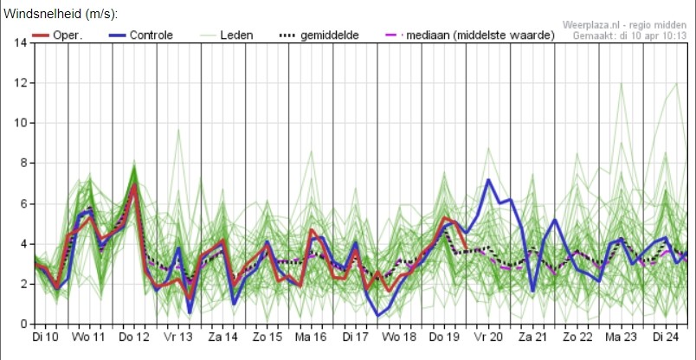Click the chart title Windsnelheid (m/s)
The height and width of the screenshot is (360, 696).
pyautogui.click(x=61, y=14)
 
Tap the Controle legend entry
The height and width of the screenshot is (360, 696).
pyautogui.click(x=140, y=35)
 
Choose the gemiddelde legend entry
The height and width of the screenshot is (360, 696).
pyautogui.click(x=319, y=35)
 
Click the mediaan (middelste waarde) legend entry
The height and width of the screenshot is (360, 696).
pyautogui.click(x=469, y=35)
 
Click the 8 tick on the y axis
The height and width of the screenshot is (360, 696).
pyautogui.click(x=23, y=164)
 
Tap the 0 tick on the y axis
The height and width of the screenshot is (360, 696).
pyautogui.click(x=23, y=324)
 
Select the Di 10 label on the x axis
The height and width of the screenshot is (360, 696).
pyautogui.click(x=46, y=337)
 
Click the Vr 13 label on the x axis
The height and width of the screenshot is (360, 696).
pyautogui.click(x=178, y=337)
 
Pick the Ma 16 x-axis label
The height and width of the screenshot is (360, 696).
pyautogui.click(x=311, y=337)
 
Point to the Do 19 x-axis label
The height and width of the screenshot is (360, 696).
pyautogui.click(x=444, y=337)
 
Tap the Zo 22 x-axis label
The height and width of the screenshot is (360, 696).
pyautogui.click(x=577, y=337)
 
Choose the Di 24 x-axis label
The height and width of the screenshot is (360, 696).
pyautogui.click(x=666, y=337)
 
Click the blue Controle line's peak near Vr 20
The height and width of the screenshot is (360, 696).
pyautogui.click(x=488, y=180)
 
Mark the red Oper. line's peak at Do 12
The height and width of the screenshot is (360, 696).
pyautogui.click(x=134, y=184)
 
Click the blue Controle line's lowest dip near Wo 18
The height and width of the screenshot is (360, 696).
pyautogui.click(x=378, y=316)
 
